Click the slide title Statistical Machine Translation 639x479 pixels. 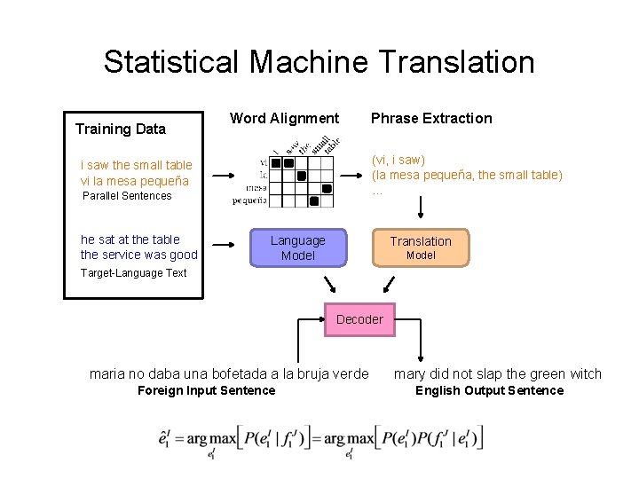319,62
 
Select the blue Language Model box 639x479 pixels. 298,247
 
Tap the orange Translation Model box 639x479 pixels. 421,247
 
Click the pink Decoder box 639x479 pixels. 359,319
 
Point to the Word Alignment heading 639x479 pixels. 284,118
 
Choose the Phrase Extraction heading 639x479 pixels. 431,118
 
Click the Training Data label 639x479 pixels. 121,129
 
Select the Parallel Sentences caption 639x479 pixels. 126,196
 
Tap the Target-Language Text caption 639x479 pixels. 133,273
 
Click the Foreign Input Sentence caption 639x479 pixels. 207,390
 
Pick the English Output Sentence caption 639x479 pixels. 489,390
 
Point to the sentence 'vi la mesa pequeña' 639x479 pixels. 134,181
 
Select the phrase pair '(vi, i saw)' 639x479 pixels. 398,160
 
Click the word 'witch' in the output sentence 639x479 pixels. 583,374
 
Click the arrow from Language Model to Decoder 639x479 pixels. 331,285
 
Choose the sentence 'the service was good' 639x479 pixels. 138,255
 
